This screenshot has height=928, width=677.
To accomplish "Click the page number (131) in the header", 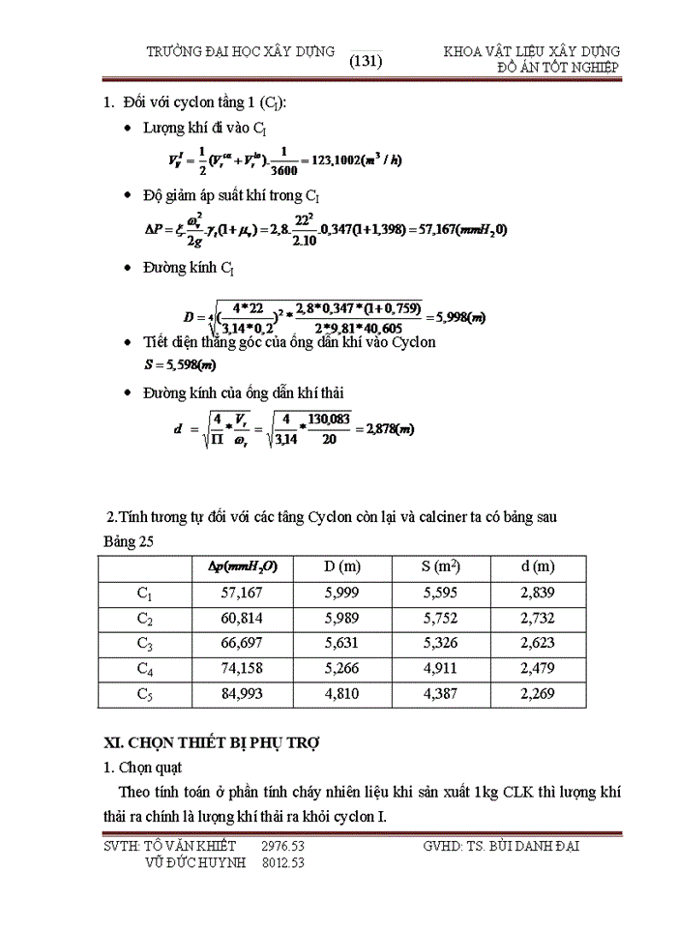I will tap(366, 62).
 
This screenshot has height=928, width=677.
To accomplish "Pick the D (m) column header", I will tap(342, 566).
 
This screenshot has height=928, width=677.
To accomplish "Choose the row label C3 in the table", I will tap(144, 644).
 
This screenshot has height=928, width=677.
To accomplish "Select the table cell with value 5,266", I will tap(342, 669).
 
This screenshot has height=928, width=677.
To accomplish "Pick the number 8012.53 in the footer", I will tap(283, 863).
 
